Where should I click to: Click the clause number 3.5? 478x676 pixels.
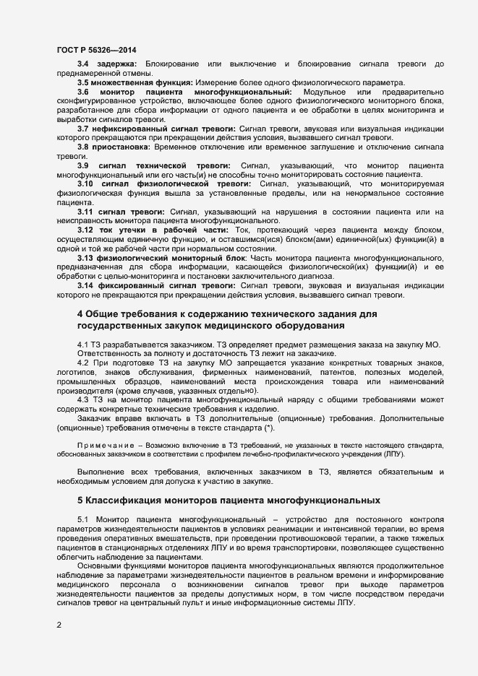[84, 83]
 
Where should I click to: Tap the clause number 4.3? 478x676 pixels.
[83, 399]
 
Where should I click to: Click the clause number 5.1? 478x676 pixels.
[82, 521]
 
